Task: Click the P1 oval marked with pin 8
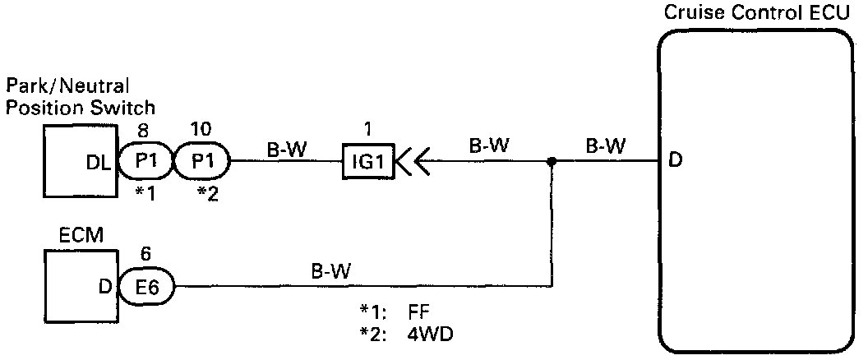point(146,162)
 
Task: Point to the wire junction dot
point(552,162)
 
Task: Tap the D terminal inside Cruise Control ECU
point(676,162)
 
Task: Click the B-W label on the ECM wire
point(329,270)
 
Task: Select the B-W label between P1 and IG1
point(284,146)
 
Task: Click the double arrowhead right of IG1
point(411,162)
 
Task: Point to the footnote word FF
point(417,313)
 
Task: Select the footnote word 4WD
point(426,335)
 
